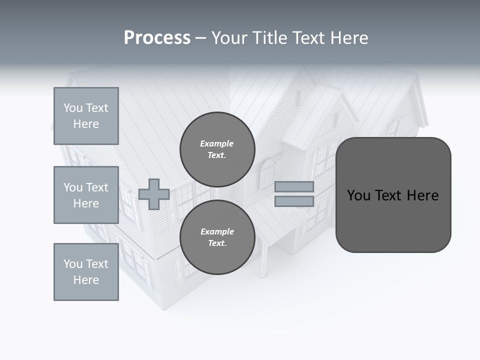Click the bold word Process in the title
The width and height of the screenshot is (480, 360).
click(x=157, y=38)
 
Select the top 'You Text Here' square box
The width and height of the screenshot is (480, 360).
click(x=86, y=116)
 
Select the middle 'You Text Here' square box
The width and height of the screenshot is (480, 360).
click(x=86, y=195)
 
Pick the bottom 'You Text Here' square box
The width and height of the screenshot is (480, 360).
click(x=86, y=272)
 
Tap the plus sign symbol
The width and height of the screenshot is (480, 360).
click(x=154, y=194)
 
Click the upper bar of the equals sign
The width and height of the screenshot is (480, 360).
click(x=294, y=186)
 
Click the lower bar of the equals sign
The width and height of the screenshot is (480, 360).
click(x=294, y=201)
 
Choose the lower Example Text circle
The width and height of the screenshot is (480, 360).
click(x=217, y=237)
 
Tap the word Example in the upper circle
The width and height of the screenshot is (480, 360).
click(x=217, y=143)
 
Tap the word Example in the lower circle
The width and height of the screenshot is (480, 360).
click(x=217, y=231)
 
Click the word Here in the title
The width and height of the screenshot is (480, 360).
click(x=348, y=38)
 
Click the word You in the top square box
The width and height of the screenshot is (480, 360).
click(x=73, y=108)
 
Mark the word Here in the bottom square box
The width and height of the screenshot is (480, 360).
click(x=86, y=280)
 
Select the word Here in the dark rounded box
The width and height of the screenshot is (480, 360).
click(x=422, y=195)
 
